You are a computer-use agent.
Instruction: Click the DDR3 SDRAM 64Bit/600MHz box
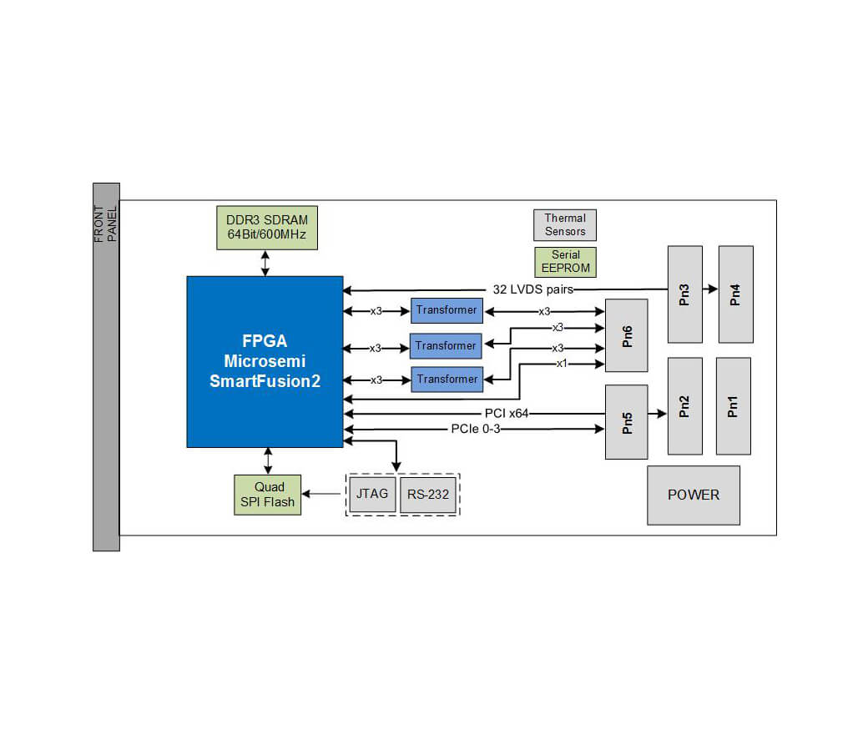click(x=266, y=228)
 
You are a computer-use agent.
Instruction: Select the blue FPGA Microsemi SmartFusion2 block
click(x=265, y=361)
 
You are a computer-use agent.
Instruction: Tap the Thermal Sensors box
click(x=565, y=224)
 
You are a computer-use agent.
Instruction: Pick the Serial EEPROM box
click(x=565, y=262)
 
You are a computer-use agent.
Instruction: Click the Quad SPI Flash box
click(x=268, y=495)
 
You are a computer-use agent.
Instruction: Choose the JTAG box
click(x=372, y=494)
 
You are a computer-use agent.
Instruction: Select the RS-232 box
click(x=428, y=495)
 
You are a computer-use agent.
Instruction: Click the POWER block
click(x=693, y=495)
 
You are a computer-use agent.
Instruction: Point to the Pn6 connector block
click(x=626, y=335)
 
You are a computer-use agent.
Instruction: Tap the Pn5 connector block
click(x=626, y=421)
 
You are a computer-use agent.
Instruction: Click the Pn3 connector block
click(x=684, y=294)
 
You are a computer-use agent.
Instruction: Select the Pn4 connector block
click(x=735, y=294)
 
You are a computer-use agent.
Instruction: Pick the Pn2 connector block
click(x=684, y=406)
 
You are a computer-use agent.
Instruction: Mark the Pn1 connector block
click(x=733, y=406)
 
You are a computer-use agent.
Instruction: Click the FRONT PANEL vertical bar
click(x=106, y=367)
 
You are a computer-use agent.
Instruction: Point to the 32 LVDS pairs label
click(x=527, y=290)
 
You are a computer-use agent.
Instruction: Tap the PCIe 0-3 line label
click(x=475, y=429)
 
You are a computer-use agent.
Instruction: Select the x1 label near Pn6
click(x=563, y=364)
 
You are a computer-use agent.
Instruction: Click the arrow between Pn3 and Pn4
click(x=710, y=289)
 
